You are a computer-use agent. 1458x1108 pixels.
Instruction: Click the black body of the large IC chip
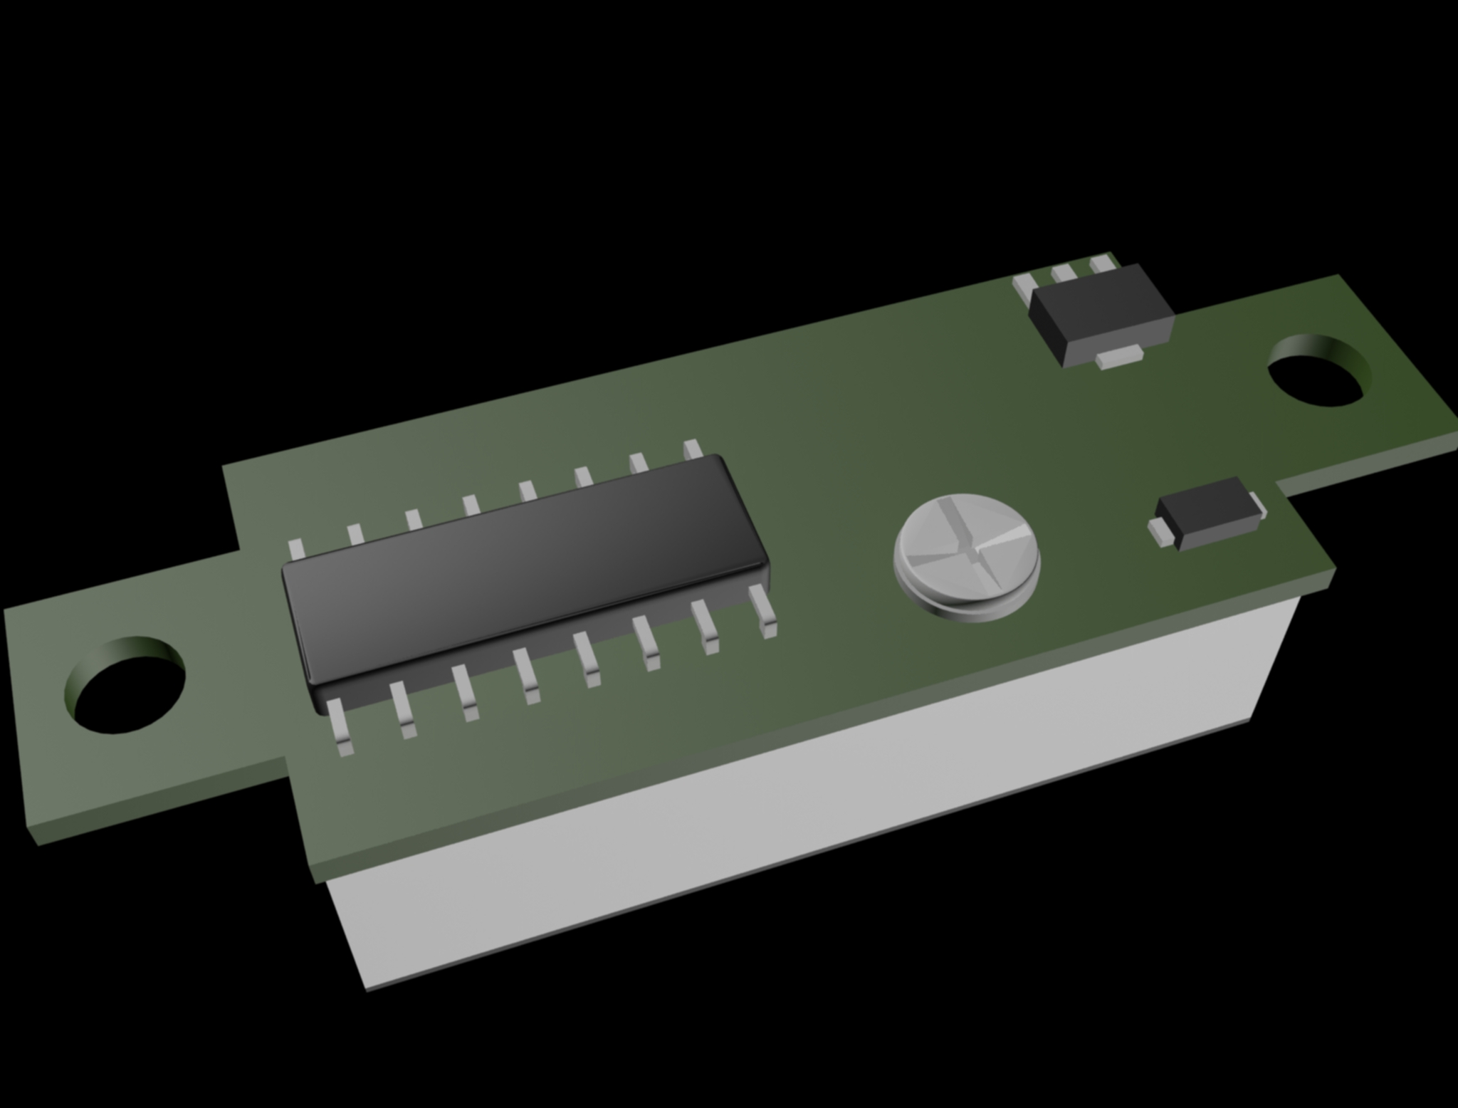point(523,570)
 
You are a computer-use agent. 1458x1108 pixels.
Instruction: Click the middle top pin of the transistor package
point(1064,273)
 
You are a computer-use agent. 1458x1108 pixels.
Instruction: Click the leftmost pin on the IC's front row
point(341,726)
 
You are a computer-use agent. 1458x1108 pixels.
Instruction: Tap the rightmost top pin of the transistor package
point(1103,264)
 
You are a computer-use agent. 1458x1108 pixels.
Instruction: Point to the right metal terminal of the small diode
point(1262,507)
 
